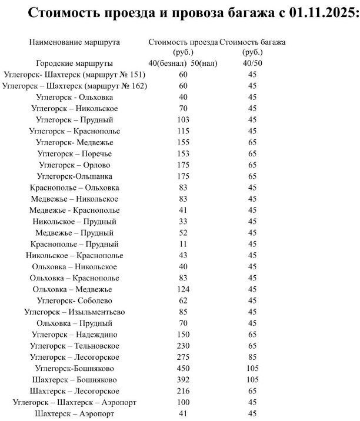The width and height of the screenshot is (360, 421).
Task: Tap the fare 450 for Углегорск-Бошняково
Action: (183, 368)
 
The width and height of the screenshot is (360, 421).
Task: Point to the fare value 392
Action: (183, 379)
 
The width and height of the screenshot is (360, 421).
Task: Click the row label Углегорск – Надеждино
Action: (74, 334)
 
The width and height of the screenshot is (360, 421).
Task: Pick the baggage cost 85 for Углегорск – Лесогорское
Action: (252, 357)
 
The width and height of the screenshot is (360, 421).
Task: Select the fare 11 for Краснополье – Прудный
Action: (183, 244)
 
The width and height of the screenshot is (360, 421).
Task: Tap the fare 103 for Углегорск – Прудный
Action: (183, 120)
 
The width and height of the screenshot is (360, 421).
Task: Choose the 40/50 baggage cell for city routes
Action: (252, 64)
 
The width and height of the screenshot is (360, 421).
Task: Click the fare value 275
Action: (183, 357)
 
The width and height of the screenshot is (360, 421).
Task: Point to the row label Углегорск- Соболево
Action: (74, 300)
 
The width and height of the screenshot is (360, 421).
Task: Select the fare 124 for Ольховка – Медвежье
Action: (183, 289)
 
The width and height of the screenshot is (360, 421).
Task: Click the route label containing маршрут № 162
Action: (74, 86)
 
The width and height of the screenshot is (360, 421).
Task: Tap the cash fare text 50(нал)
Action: (204, 64)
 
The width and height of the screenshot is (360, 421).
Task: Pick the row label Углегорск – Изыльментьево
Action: (74, 312)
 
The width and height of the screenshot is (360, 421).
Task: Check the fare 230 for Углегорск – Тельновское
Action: (183, 346)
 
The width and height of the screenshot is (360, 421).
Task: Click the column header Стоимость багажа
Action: (252, 42)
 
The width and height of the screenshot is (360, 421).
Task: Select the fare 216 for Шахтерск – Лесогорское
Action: (183, 391)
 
